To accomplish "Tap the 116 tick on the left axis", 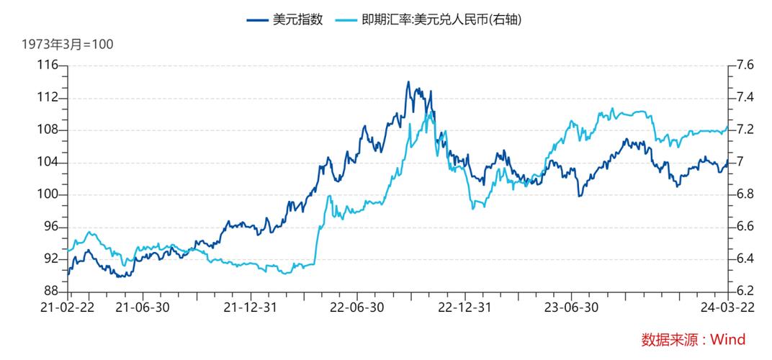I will [x=48, y=66].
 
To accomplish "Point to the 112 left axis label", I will [x=48, y=98].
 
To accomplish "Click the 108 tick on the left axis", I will [x=48, y=130].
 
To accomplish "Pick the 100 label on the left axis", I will [x=48, y=195].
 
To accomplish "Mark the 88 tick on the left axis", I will [x=51, y=292].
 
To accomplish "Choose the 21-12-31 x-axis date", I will [x=250, y=307].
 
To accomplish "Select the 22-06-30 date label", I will [x=358, y=307].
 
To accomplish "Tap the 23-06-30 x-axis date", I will [x=573, y=307].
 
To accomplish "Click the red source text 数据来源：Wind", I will [x=693, y=339].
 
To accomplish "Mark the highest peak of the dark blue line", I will [x=408, y=81].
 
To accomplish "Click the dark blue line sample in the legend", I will [x=257, y=19].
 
